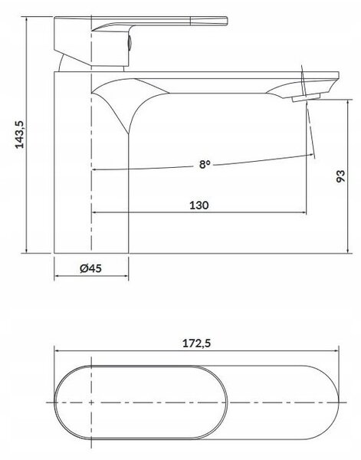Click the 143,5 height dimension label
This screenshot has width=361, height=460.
[20, 134]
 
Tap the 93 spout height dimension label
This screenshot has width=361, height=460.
[341, 176]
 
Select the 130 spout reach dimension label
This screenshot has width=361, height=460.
[199, 205]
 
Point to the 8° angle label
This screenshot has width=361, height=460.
[205, 164]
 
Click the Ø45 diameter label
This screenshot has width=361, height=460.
[91, 268]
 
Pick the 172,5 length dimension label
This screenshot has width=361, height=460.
[196, 343]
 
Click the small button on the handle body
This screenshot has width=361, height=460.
[130, 43]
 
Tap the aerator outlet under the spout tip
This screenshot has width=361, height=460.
[306, 97]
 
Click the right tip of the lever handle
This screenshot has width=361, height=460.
[228, 21]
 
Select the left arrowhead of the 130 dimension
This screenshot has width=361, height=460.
[94, 212]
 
